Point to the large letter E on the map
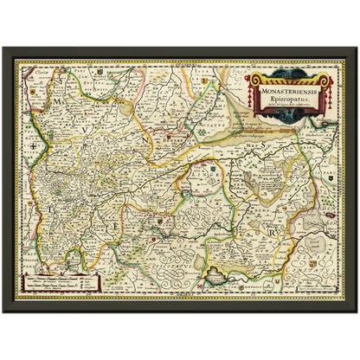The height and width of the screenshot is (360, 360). point(115,227)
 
